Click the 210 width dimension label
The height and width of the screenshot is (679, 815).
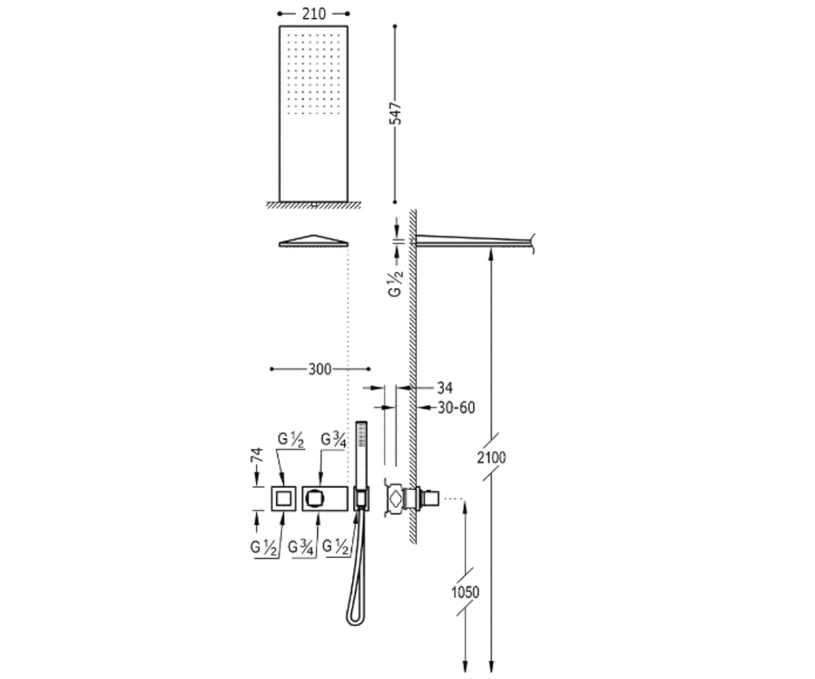[313, 14]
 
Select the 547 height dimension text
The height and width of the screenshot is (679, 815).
[396, 113]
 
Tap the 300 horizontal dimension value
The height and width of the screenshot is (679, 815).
[320, 369]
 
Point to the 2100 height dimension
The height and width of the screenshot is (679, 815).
[492, 458]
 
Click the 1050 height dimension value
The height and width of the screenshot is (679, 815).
[465, 592]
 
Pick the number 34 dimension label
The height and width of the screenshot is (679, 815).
[445, 388]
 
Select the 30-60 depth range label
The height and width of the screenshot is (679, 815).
[456, 408]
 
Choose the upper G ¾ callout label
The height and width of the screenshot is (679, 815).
[333, 440]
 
